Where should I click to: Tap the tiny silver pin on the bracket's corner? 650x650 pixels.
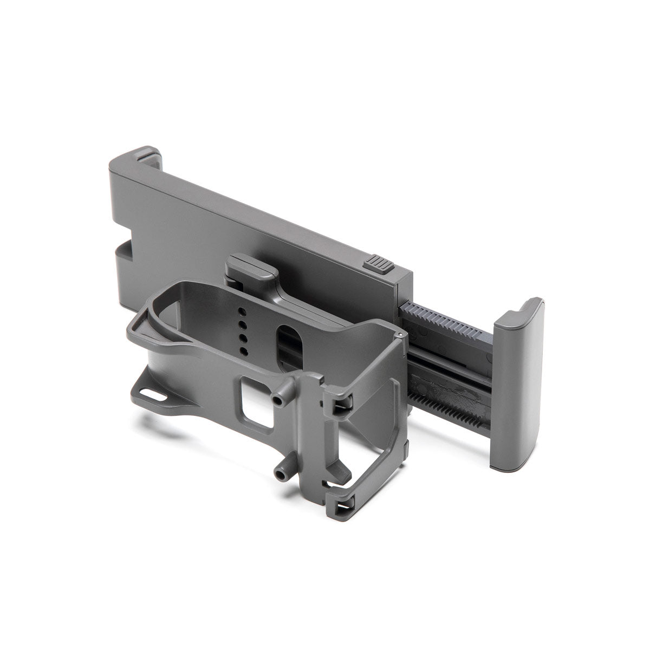pos(399,336)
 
